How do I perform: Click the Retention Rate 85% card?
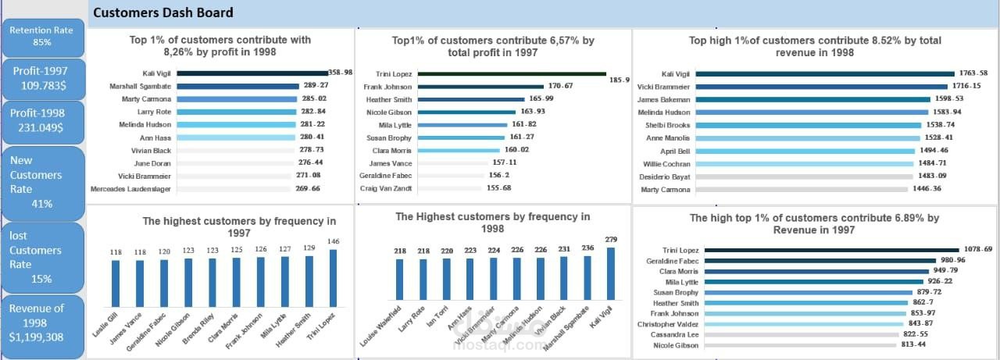pos(42,36)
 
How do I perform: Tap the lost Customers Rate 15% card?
pos(42,257)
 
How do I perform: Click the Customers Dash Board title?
pos(162,12)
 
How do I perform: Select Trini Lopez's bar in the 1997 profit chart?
pos(512,73)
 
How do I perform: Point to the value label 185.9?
pos(619,80)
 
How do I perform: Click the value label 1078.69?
pos(976,249)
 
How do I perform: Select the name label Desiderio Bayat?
pos(666,176)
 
